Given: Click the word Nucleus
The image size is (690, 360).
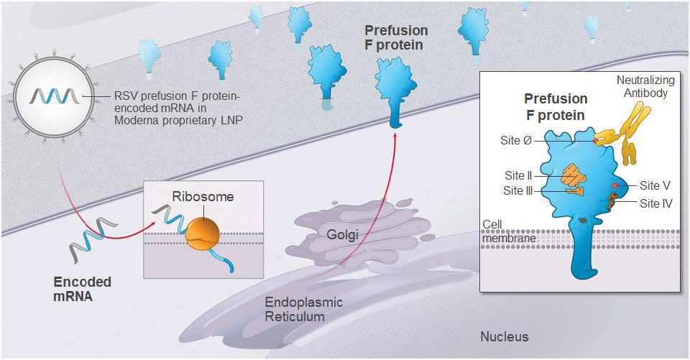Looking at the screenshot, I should [x=504, y=336].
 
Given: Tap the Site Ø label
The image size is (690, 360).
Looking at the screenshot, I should [x=516, y=140].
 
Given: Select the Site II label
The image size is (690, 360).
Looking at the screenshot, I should [x=517, y=175].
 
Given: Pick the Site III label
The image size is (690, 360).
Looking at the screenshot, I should [x=517, y=191].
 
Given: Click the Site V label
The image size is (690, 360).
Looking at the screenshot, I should [x=655, y=185].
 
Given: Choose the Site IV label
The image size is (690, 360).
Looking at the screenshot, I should [x=656, y=203].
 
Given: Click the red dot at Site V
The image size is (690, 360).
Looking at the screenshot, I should [x=615, y=186].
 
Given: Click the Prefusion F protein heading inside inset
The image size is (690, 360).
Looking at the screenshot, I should [x=556, y=106].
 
